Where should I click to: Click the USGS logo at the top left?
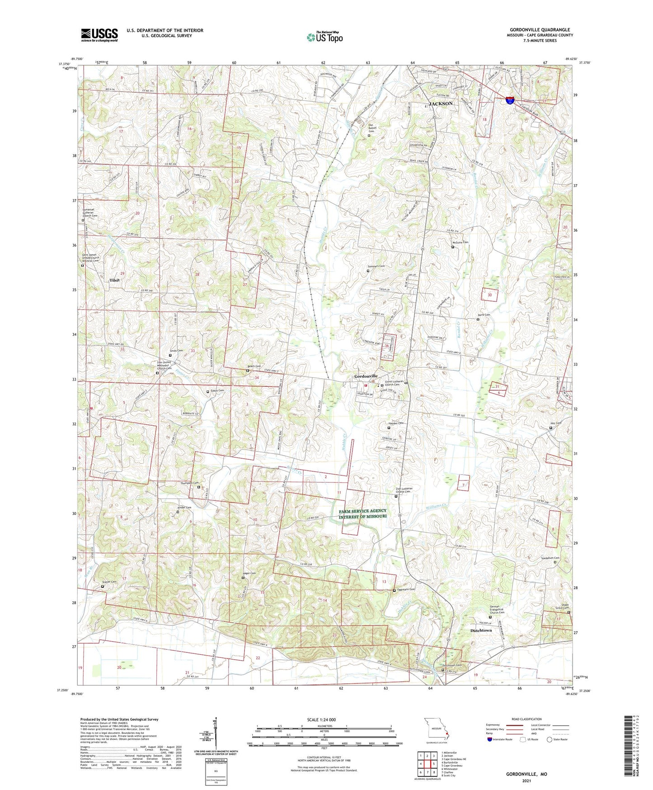click(99, 35)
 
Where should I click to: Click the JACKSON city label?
click(440, 104)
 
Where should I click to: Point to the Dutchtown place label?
click(481, 630)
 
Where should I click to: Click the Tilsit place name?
click(115, 281)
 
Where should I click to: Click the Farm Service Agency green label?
click(363, 514)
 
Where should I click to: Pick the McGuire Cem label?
click(460, 243)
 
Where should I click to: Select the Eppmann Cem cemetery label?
click(405, 590)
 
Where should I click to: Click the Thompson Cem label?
click(190, 483)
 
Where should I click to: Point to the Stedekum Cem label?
click(550, 558)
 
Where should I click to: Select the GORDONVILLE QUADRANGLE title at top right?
click(540, 30)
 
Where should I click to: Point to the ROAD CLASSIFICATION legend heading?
click(526, 719)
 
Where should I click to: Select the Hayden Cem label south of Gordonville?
click(396, 424)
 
